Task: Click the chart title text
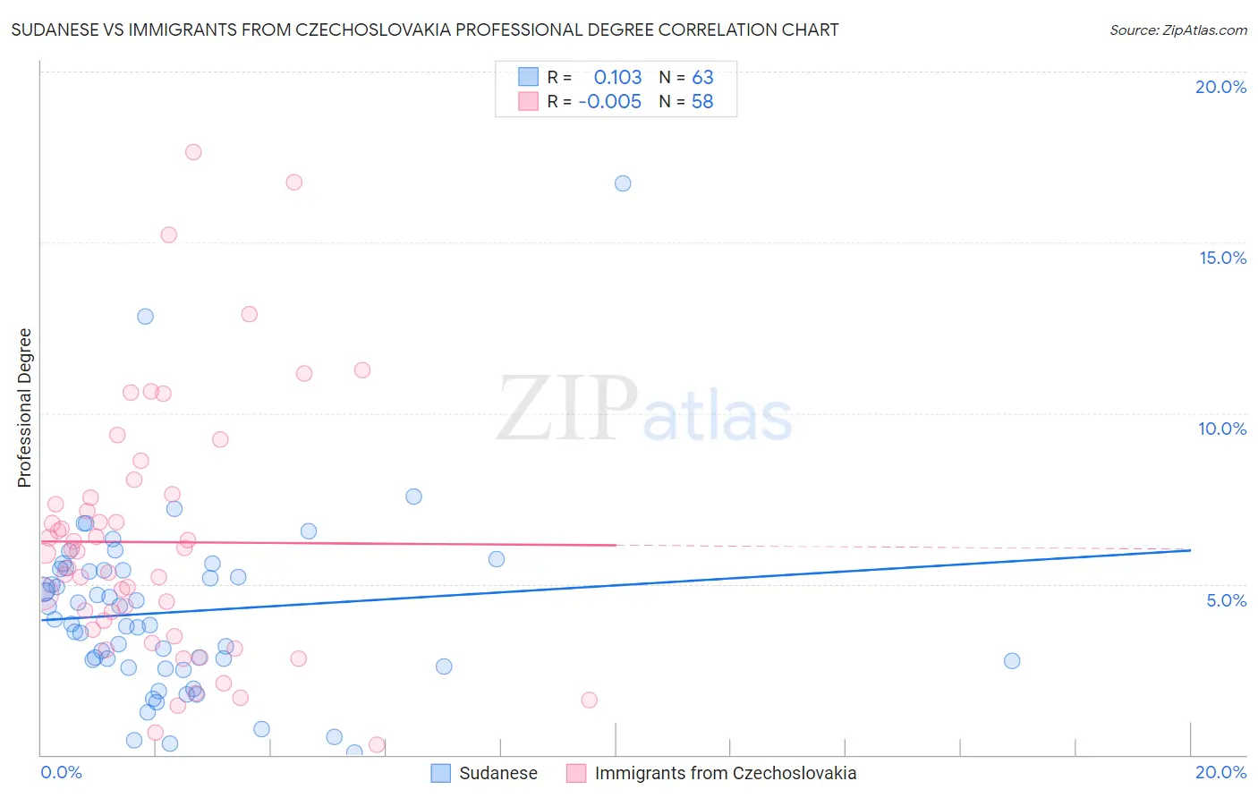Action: [425, 30]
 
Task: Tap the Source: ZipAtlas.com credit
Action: [1177, 30]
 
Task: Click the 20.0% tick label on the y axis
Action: [1220, 87]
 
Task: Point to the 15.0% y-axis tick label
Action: [1222, 258]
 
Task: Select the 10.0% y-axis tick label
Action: [1222, 429]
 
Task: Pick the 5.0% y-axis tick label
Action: [1226, 600]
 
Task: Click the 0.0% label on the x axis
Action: [61, 772]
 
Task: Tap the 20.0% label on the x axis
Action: [1220, 772]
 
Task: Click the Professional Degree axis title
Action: [24, 408]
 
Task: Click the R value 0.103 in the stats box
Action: [617, 78]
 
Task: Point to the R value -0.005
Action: [610, 102]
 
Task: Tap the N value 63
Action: [702, 78]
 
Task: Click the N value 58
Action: [702, 102]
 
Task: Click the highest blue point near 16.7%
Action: [623, 183]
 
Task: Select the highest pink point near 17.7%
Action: [193, 152]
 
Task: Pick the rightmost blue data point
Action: [1012, 661]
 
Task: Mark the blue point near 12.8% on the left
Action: [145, 317]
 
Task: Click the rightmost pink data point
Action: [589, 700]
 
